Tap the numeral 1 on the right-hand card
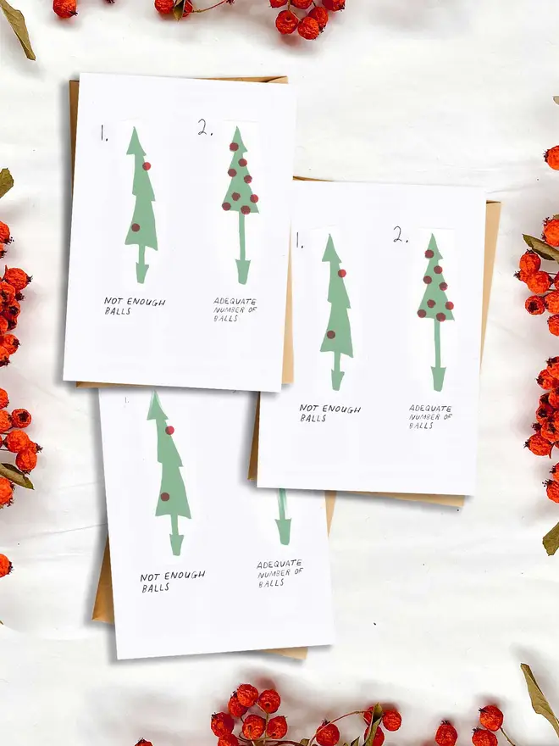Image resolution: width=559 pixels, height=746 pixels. (x=298, y=241)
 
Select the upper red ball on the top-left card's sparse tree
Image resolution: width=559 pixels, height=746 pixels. (x=147, y=166)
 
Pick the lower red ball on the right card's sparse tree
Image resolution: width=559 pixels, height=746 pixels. (x=331, y=335)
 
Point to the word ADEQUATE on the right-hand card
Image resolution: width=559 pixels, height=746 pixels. (x=430, y=409)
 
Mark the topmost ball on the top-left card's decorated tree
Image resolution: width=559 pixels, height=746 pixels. (x=234, y=147)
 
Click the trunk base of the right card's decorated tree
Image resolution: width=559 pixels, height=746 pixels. (x=438, y=378)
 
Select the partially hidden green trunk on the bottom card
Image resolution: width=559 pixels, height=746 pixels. (x=283, y=516)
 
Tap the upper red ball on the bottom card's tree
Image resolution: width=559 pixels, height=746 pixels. (x=169, y=431)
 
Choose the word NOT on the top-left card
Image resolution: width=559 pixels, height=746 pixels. (x=112, y=301)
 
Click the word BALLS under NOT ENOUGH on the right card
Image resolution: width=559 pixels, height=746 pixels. (x=313, y=419)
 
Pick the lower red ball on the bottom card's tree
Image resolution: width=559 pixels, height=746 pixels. (x=165, y=497)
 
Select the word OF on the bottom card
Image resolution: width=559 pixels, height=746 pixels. (x=297, y=572)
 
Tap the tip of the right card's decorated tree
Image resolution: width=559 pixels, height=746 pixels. (x=433, y=236)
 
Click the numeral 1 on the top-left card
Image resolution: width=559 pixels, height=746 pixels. (x=103, y=133)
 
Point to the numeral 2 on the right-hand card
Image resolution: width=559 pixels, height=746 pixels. (x=401, y=235)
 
